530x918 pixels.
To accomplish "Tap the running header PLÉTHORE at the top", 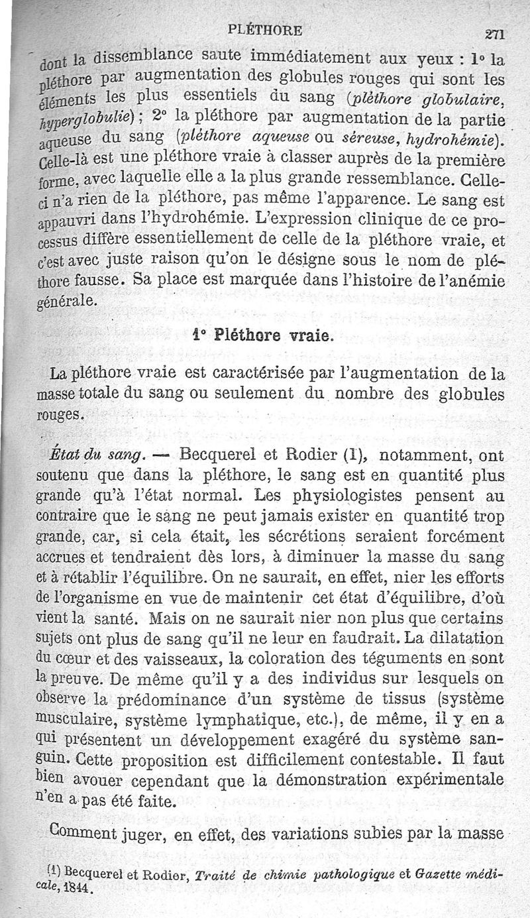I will (264, 30).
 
